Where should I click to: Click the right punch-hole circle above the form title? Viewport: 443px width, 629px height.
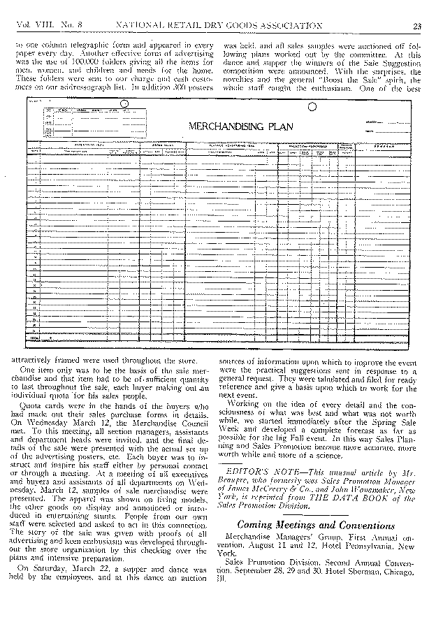[312, 107]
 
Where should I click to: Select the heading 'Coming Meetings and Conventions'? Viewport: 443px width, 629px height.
[316, 525]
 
